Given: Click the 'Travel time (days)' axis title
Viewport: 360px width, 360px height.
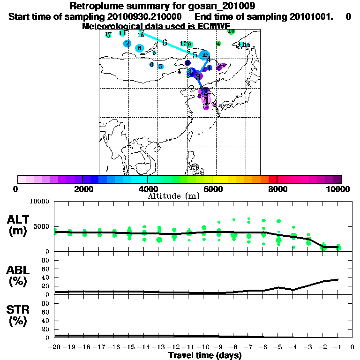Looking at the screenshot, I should pos(205,356).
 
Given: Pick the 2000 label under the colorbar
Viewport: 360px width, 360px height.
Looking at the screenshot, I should pos(82,189).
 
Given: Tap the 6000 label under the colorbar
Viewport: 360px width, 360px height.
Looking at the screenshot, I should pos(212,189).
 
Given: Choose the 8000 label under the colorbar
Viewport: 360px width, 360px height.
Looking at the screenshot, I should pos(277,189).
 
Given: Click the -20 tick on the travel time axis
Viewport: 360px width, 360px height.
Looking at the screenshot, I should pos(55,347).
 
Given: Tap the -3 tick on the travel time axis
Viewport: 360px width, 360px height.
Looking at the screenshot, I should pos(308,347).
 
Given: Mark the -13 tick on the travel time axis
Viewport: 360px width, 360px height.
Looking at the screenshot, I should pos(159,347).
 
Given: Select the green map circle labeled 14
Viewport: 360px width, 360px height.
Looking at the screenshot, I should pos(122,33).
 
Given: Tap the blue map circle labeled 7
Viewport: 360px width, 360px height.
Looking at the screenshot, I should pos(127,44).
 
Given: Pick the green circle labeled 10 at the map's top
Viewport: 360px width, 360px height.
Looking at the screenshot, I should pos(231,31).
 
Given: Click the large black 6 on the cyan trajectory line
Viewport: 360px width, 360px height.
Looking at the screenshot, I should pos(165,43).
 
